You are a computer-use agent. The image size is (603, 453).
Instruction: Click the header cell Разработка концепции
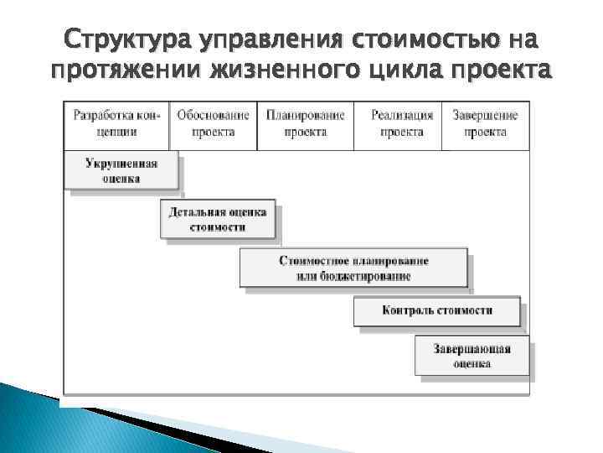[x=116, y=124]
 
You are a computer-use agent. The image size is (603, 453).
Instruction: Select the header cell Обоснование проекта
[x=213, y=124]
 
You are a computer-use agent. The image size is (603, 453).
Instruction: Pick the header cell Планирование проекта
[x=305, y=124]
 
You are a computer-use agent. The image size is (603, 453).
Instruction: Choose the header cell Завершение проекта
[x=485, y=124]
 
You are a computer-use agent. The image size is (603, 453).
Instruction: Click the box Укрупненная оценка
[x=121, y=170]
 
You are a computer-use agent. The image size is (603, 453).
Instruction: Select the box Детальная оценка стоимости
[x=217, y=220]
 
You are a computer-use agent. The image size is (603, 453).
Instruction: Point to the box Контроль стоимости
[x=436, y=311]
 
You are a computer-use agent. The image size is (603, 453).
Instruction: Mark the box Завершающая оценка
[x=472, y=356]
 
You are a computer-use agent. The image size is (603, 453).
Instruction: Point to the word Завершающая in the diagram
[x=472, y=348]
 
